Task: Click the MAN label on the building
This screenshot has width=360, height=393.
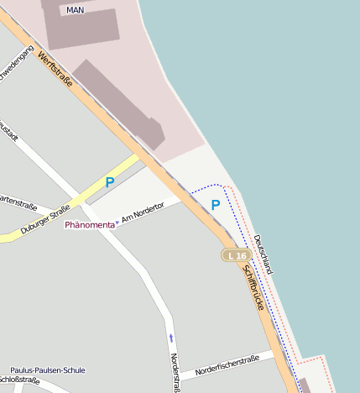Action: coord(75,10)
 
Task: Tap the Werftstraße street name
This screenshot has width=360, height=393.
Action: coord(55,70)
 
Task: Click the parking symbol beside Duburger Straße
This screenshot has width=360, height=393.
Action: coord(110,182)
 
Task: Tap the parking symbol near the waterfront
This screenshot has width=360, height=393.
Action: coord(216,205)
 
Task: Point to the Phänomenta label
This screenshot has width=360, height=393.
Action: coord(89,226)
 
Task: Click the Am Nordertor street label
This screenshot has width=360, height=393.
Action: coord(139,217)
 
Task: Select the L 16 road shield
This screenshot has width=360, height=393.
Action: coord(237,255)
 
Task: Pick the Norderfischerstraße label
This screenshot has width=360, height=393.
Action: coord(227,366)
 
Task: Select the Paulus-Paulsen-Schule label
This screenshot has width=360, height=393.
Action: coord(48,370)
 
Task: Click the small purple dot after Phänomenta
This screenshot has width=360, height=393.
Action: coord(117,223)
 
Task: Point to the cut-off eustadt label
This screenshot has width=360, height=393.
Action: coord(8,134)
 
